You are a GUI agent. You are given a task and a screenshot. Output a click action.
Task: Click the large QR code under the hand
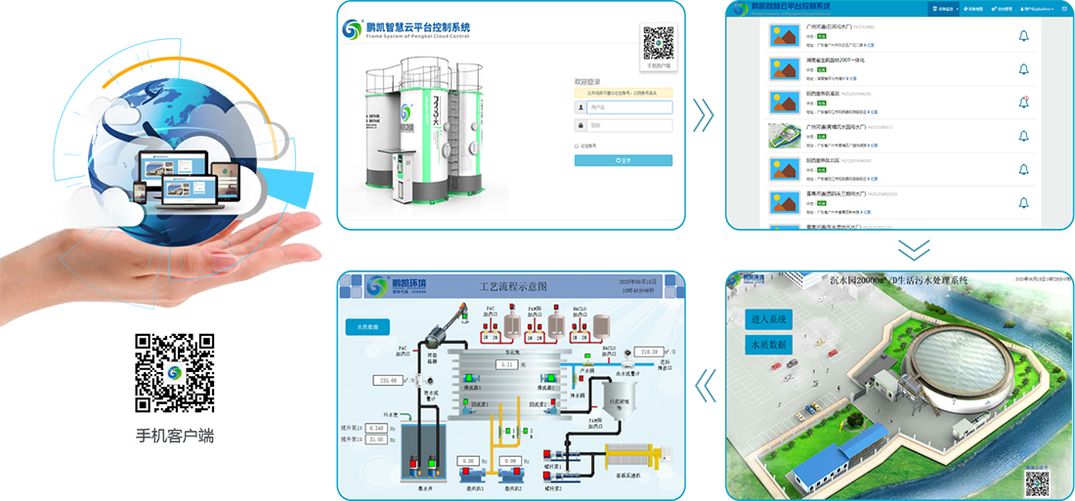174,372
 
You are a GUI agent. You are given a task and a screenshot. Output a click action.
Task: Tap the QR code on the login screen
658,44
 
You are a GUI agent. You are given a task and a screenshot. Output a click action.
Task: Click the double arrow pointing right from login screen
703,114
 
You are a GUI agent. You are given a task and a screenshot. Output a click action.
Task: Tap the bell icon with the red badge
1023,102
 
